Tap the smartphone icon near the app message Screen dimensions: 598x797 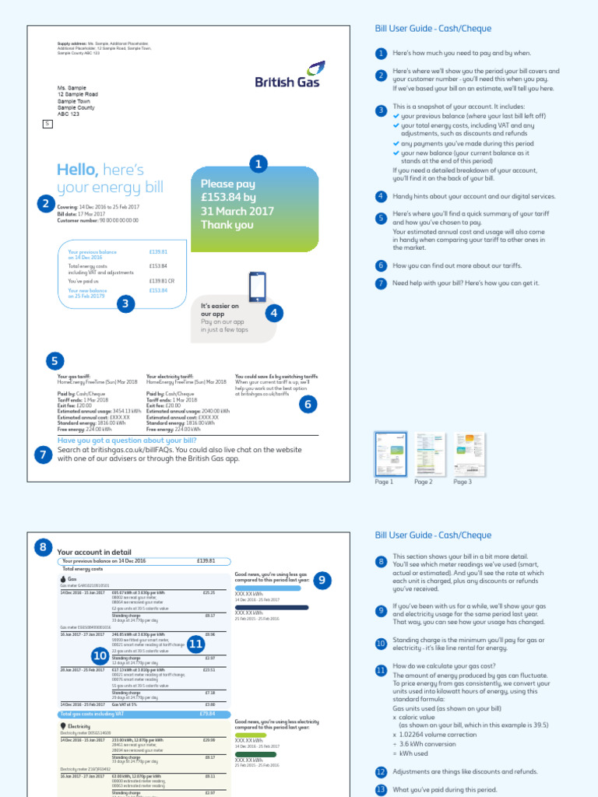pos(257,287)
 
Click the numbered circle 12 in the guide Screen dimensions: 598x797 pos(381,772)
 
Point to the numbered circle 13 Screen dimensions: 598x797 pos(381,790)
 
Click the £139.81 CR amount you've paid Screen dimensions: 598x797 pos(158,280)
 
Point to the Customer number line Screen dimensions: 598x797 pos(98,221)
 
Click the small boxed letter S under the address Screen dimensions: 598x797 pos(47,124)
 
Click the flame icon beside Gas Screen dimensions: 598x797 pos(63,579)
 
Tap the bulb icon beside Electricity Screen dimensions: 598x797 pos(63,725)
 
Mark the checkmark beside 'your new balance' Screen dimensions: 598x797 pos(396,153)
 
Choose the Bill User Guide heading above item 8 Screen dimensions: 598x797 pos(433,535)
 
